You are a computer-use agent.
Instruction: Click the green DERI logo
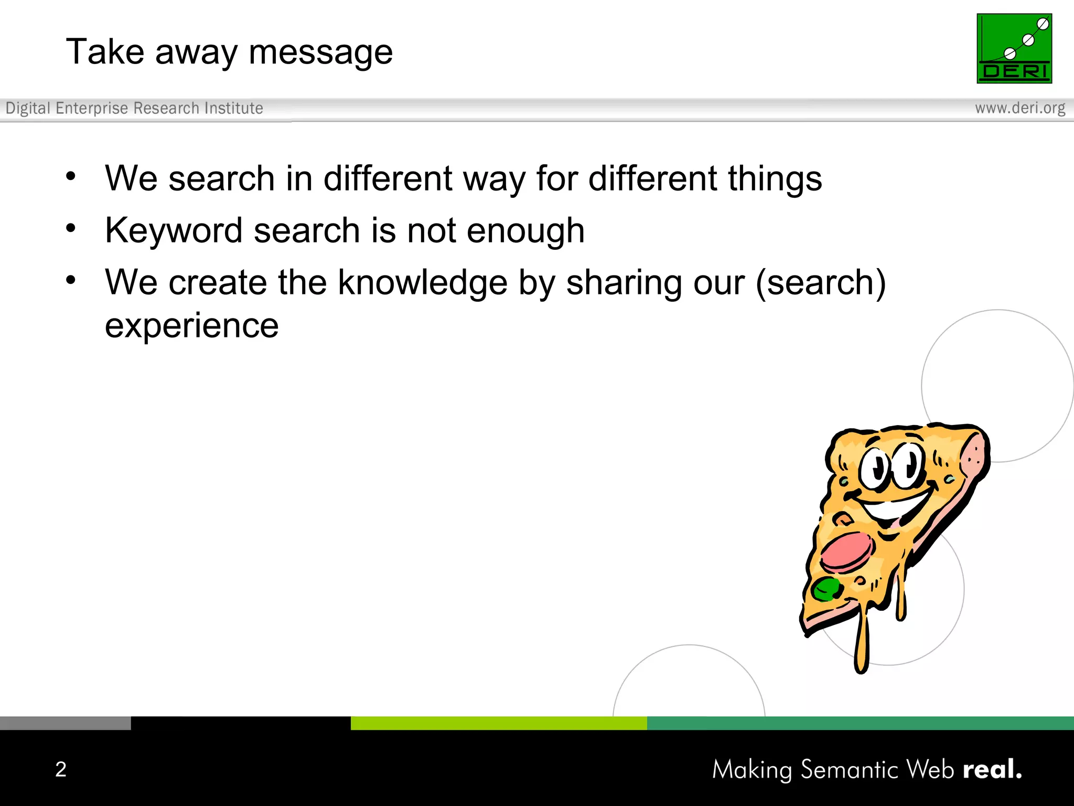click(1014, 48)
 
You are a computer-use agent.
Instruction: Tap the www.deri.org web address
click(1020, 108)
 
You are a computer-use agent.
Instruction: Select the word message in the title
click(320, 52)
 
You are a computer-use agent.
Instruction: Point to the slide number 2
click(61, 769)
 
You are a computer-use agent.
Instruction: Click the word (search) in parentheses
click(821, 283)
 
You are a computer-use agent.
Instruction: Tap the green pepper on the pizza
click(826, 588)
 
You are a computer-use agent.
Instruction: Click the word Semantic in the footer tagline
click(850, 770)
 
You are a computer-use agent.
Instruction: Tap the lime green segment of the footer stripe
click(498, 723)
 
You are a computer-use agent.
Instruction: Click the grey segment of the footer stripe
click(65, 723)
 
